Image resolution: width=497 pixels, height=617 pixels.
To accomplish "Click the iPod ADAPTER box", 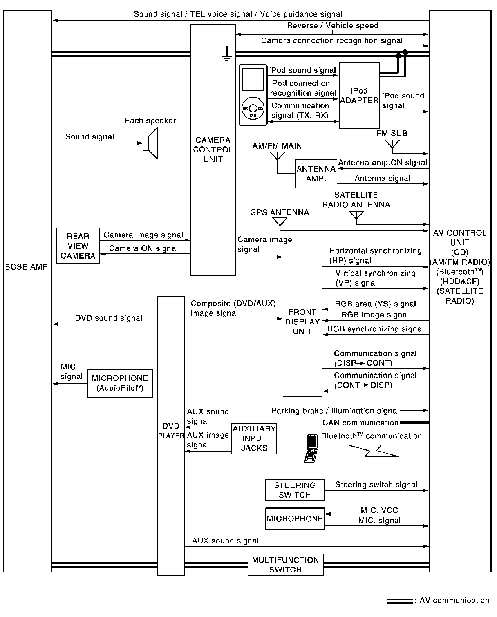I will [359, 96].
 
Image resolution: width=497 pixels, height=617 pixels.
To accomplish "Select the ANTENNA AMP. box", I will [316, 174].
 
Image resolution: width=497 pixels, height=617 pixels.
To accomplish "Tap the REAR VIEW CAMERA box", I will [78, 246].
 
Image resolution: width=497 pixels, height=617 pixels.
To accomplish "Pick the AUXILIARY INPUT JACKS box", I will [254, 438].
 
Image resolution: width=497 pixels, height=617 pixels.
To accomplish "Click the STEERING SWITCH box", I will [295, 490].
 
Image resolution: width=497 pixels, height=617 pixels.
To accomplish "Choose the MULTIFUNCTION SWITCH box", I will [285, 565].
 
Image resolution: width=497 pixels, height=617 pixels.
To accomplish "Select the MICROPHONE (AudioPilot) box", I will [120, 383].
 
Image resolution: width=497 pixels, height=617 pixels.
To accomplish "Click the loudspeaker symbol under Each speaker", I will [151, 143].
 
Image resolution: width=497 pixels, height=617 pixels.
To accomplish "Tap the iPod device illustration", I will [253, 95].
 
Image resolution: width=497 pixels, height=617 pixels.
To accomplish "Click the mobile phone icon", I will [311, 448].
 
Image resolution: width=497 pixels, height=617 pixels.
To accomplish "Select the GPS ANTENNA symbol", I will [280, 221].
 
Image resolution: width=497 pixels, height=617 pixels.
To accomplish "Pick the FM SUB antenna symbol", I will [392, 144].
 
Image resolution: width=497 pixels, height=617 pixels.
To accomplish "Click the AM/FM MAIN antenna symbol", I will [277, 156].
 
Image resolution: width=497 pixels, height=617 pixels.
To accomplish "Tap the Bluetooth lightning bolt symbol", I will [372, 450].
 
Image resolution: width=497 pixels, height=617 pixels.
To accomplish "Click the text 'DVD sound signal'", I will [108, 318].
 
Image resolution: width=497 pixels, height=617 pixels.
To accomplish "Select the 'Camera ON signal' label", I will [143, 248].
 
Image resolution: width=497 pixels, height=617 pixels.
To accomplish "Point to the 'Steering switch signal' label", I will [376, 485].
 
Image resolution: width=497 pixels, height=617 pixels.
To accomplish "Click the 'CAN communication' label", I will [360, 423].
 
